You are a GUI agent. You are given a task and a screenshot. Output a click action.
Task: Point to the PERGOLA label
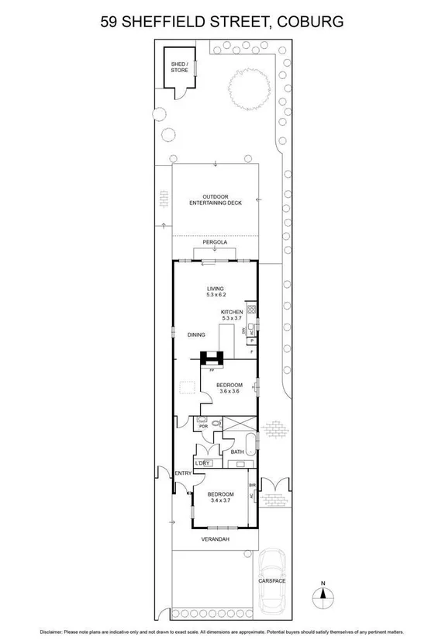tap(215, 243)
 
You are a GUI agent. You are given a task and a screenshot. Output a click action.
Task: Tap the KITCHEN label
tap(232, 312)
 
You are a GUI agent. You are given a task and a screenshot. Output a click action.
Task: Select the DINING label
tap(196, 334)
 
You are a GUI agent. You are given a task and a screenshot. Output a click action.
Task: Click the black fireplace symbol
tap(211, 358)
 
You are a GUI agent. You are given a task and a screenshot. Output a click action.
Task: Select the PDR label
tap(203, 426)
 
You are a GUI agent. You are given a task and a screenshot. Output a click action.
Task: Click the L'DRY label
tap(202, 463)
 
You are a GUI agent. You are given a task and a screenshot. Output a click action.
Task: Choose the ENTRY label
tap(183, 473)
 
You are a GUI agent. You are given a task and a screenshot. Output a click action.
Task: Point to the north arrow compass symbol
tap(323, 596)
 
